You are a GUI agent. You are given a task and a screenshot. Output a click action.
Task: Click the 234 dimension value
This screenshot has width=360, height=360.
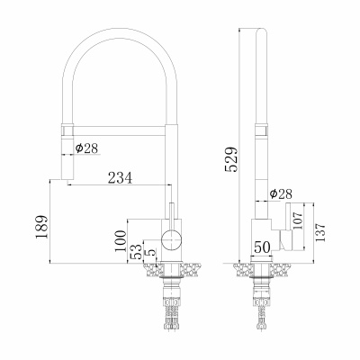point(120,178)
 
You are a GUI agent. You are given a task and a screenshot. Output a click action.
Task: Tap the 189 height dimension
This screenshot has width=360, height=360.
point(41,227)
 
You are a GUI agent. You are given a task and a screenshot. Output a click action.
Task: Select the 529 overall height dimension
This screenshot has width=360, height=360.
point(231,159)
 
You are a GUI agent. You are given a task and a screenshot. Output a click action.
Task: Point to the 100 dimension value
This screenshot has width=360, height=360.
point(120,241)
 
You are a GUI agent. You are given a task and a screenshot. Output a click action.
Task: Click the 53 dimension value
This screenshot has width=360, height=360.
point(136,252)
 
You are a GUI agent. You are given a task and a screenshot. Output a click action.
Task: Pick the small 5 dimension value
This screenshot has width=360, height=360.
point(150,252)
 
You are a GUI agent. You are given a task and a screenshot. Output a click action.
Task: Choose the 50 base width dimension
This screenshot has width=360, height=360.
point(262,247)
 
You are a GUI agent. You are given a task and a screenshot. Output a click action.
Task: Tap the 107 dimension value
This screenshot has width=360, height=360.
point(298,220)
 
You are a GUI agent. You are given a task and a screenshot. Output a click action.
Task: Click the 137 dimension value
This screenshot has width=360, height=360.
point(319,233)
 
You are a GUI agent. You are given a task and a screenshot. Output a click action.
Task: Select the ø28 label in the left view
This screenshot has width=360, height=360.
point(86,148)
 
